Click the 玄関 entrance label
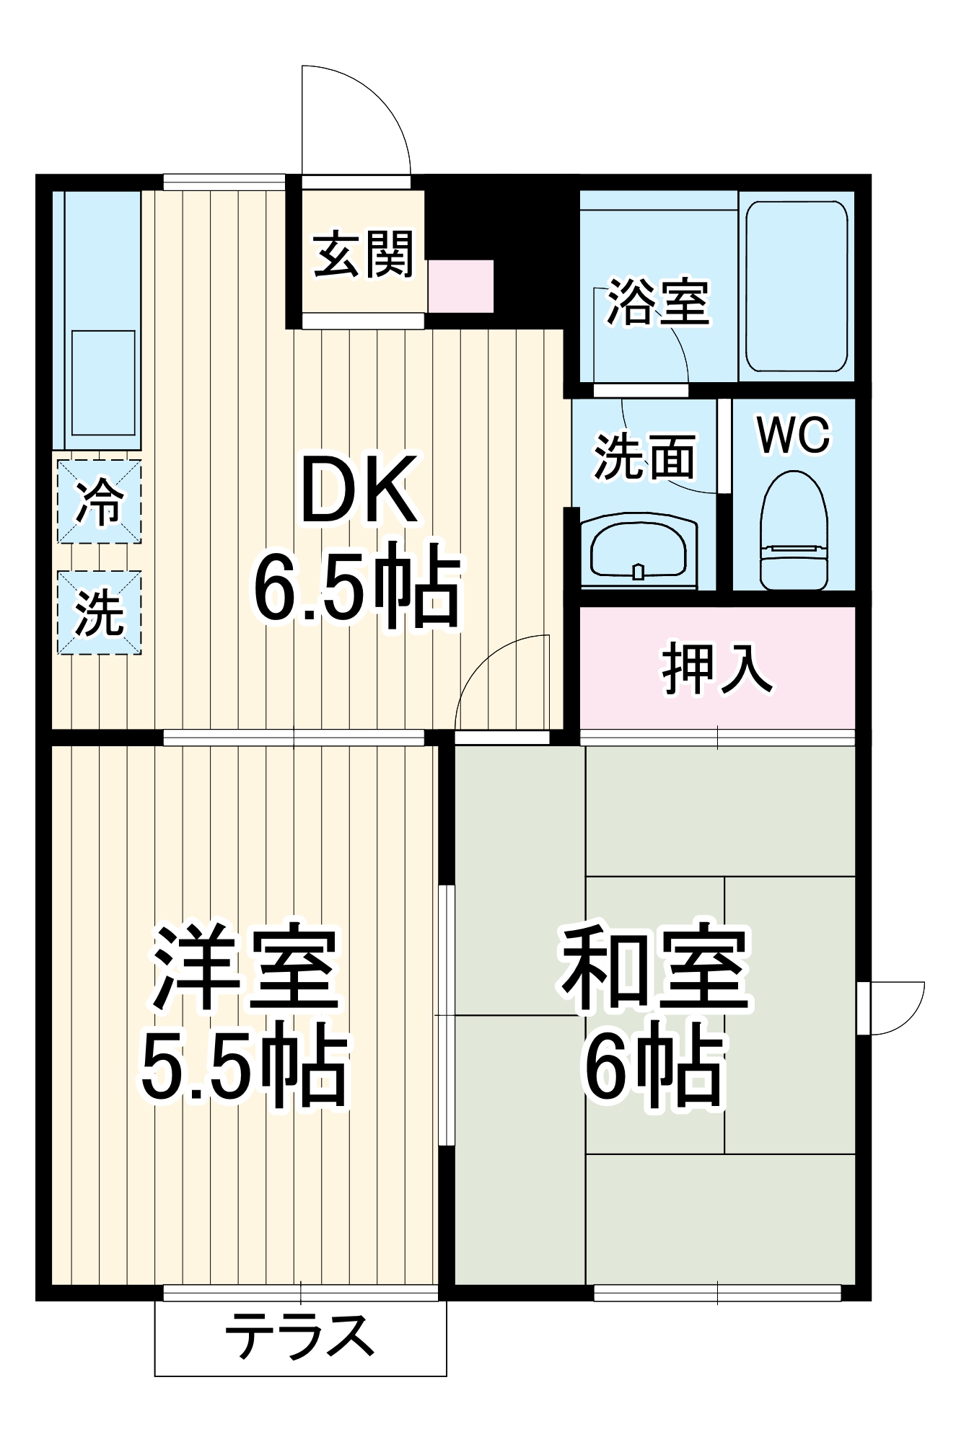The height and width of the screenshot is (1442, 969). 364,254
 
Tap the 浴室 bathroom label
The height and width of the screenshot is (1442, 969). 657,301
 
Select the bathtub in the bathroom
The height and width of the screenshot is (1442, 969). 796,286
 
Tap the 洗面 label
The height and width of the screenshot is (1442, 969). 644,456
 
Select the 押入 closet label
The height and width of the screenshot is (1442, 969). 717,668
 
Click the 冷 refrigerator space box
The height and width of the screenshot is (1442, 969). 99,502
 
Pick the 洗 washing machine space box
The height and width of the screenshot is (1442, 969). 99,613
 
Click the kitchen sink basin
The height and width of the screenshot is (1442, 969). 103,383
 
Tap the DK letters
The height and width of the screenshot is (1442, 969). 359,491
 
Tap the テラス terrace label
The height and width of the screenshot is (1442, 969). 300,1336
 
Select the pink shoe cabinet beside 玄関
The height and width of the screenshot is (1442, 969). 460,286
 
